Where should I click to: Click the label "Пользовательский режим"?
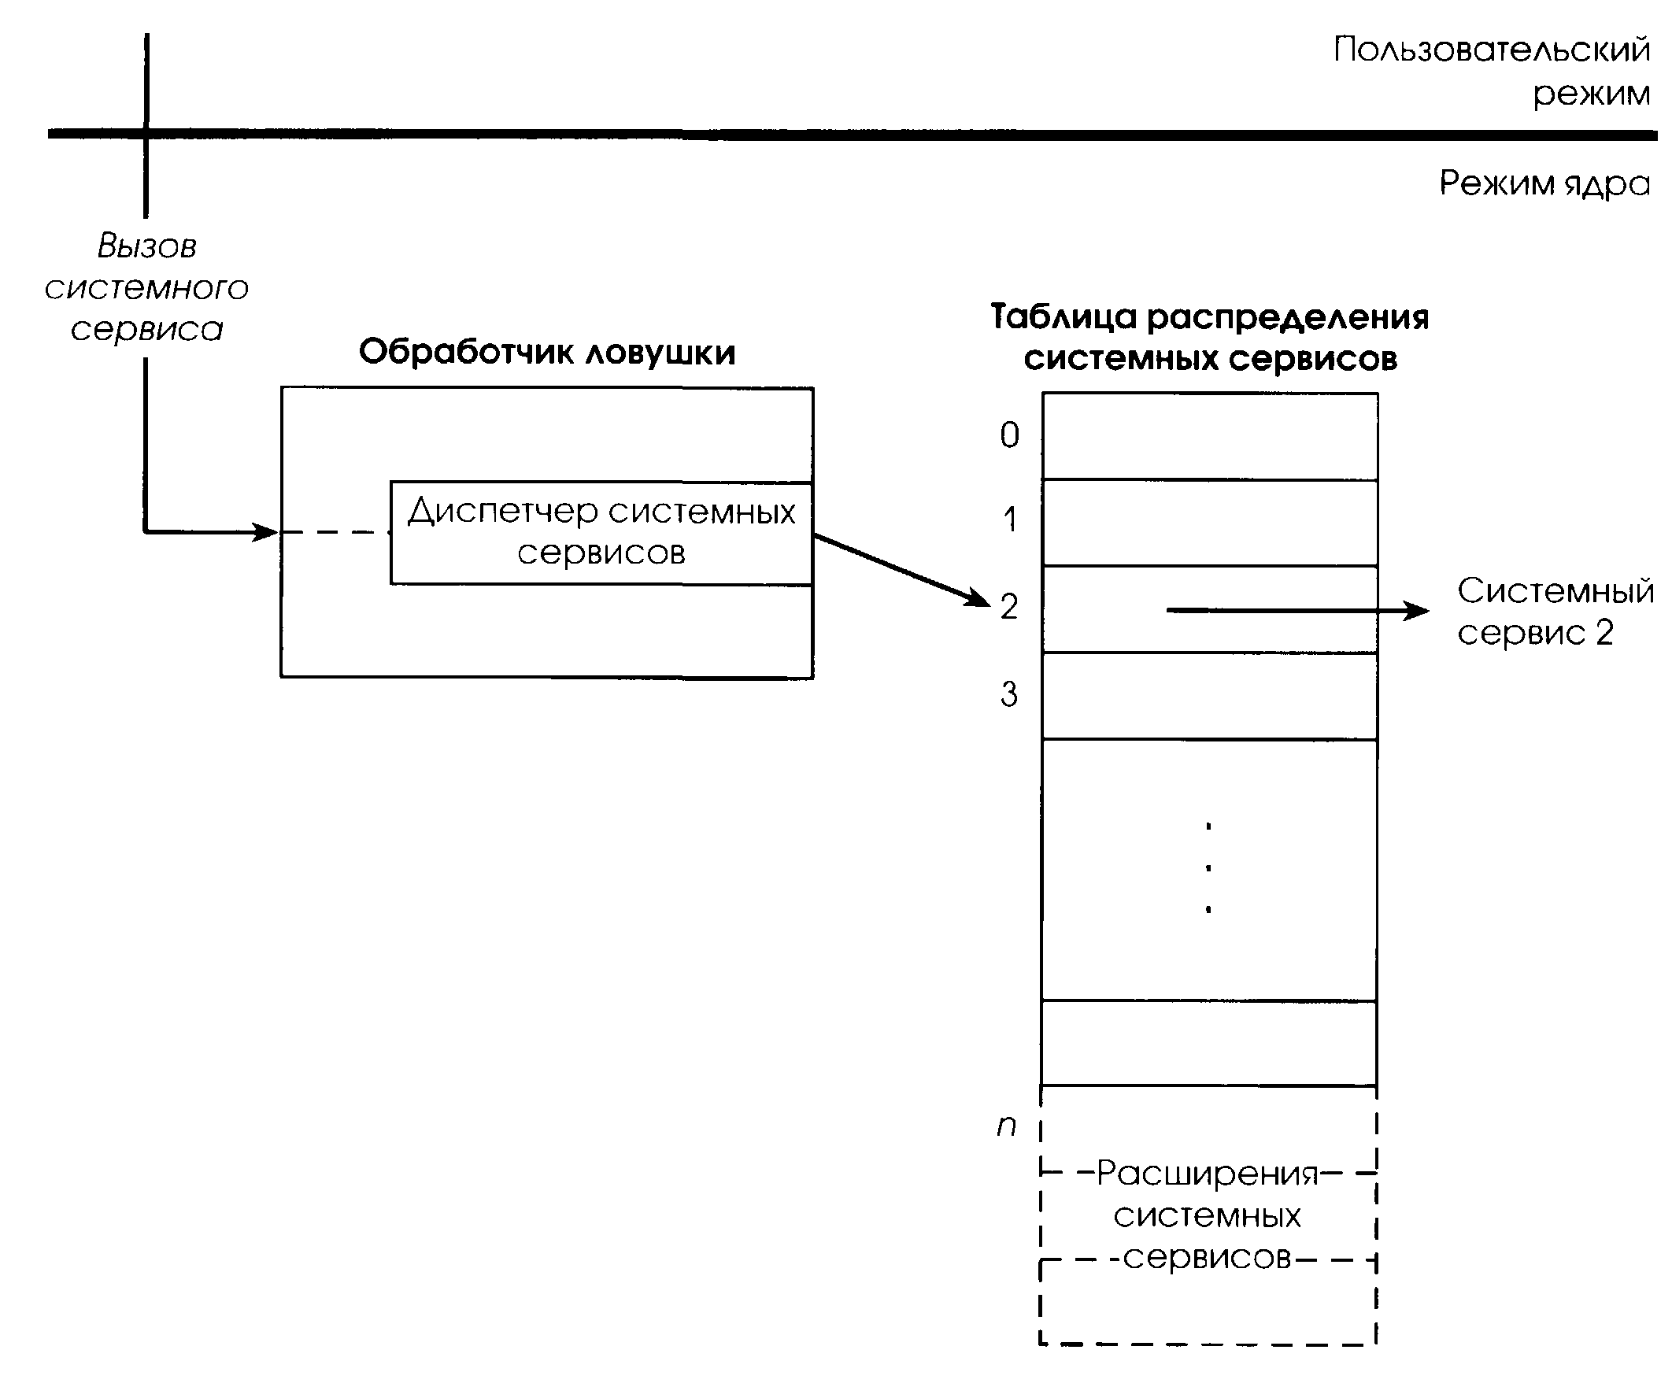tap(1491, 72)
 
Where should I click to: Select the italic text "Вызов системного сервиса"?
tap(146, 287)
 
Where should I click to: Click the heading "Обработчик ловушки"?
tap(547, 352)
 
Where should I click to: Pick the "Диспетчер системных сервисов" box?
tap(601, 532)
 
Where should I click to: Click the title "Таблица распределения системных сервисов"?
tap(1209, 338)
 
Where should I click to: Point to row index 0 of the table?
tap(1009, 435)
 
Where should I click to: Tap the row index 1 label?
tap(1009, 520)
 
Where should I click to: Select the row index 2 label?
tap(1009, 607)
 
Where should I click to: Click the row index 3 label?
tap(1009, 694)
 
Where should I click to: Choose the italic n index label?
tap(1007, 1126)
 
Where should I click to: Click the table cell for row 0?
tap(1209, 436)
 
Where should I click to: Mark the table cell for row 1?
tap(1209, 523)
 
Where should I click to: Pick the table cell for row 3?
tap(1209, 696)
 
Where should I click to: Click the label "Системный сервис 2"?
tap(1554, 612)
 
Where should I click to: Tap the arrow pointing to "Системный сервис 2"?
tap(1298, 611)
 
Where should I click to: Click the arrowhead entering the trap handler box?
tap(265, 531)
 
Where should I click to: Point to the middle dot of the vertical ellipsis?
tap(1208, 867)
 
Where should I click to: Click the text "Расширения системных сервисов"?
tap(1207, 1216)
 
